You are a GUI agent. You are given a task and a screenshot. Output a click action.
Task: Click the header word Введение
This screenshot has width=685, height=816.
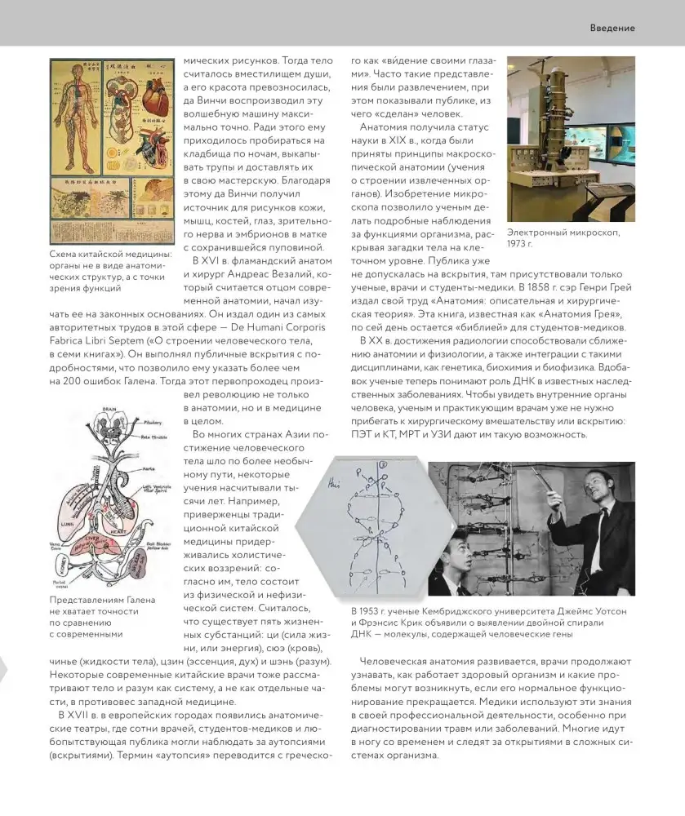pyautogui.click(x=612, y=28)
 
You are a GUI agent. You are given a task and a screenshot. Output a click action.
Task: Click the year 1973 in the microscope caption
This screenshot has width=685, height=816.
pyautogui.click(x=520, y=244)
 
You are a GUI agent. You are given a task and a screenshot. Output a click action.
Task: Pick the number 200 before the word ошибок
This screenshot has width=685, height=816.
pyautogui.click(x=66, y=382)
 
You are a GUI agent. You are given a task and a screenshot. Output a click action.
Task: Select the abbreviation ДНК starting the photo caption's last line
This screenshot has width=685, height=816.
pyautogui.click(x=363, y=633)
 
